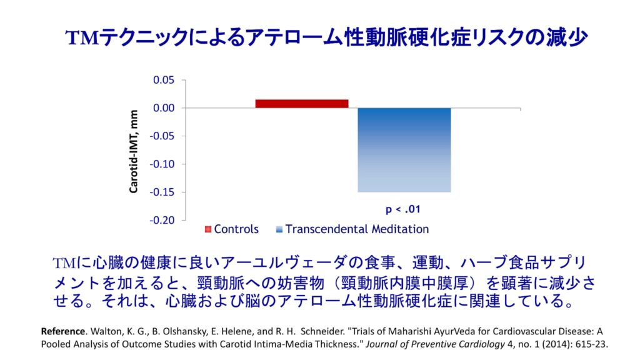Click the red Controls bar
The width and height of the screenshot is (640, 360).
point(301,104)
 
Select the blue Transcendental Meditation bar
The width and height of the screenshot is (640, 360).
point(404,150)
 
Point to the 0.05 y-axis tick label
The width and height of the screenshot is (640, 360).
point(164,80)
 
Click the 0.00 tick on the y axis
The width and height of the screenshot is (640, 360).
point(164,108)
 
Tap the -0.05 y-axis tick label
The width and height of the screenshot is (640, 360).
point(162,136)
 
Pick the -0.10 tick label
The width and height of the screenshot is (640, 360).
point(162,164)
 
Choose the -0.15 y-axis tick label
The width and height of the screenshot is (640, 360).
point(162,192)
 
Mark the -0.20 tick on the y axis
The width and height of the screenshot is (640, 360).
point(162,220)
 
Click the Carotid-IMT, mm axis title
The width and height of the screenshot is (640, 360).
point(134,151)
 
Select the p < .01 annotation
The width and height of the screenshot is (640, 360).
point(403,207)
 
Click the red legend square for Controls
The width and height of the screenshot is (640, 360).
point(208,229)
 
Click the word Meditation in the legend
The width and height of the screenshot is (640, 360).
point(401,229)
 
